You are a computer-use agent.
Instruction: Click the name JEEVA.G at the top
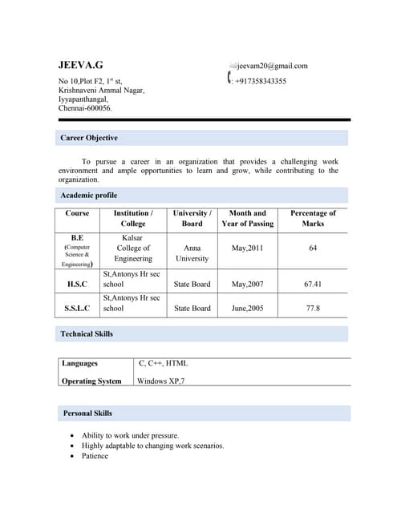80,65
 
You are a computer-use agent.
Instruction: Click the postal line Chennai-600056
86,108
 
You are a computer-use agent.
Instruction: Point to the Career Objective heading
89,139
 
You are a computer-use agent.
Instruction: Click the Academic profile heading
88,195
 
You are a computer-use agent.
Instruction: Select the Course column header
77,213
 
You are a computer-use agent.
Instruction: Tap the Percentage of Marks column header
313,218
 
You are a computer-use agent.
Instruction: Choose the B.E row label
77,238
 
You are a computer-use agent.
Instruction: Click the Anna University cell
192,253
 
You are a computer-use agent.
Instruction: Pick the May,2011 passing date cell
247,248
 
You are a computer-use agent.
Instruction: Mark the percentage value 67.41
313,284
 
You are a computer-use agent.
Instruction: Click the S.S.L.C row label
77,308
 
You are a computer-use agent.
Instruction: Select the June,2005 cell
247,308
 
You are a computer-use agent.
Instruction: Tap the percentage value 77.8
313,308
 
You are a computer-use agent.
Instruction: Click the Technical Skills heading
87,333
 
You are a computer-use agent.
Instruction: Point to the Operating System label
91,381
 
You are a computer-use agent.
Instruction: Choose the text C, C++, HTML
163,363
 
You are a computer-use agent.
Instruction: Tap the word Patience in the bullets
95,456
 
